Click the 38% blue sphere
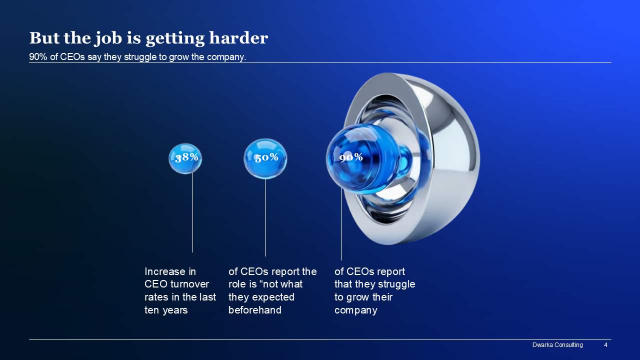tap(185, 158)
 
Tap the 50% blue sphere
tap(265, 159)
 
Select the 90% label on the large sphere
tap(351, 157)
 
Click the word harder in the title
tap(238, 38)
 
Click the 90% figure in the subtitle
tap(38, 57)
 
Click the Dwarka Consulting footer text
tap(557, 345)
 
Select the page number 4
tap(605, 345)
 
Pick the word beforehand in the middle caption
tap(255, 310)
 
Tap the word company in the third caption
tap(356, 310)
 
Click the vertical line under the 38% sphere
tap(192, 212)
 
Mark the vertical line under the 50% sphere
tap(265, 217)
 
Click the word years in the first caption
tap(175, 310)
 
